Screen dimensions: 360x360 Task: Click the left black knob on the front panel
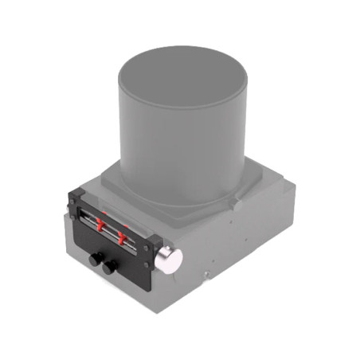[x=95, y=259]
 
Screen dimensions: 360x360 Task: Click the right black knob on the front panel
[x=108, y=267]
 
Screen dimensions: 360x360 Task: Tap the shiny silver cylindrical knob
[x=169, y=259]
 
